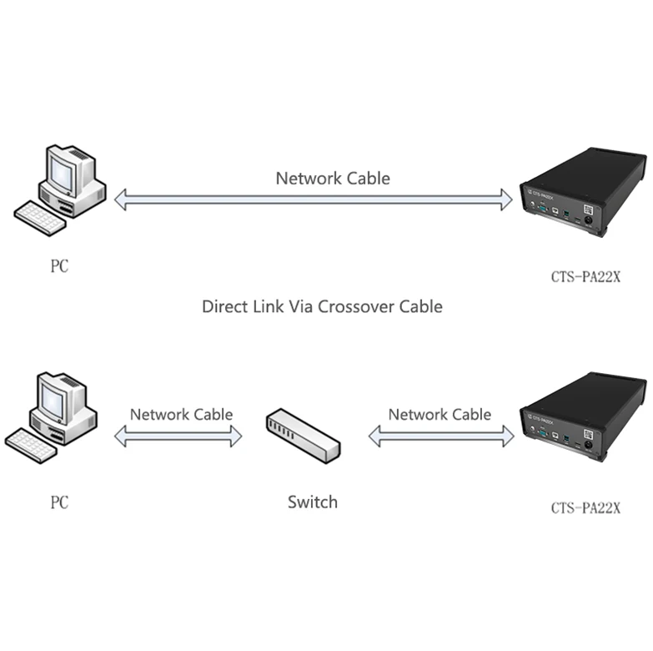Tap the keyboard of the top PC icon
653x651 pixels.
40,216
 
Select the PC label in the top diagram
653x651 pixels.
58,267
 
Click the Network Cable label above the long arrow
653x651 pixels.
333,178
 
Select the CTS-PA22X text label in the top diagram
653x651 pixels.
585,277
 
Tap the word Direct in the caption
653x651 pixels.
226,306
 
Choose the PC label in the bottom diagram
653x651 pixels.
58,503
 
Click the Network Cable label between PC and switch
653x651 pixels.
181,414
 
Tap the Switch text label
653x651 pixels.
313,502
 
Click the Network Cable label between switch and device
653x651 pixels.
440,414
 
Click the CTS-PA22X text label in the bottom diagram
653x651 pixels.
585,507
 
